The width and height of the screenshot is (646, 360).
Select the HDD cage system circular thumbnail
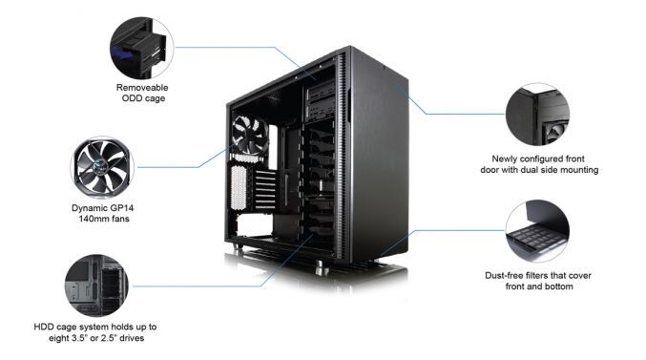point(95,286)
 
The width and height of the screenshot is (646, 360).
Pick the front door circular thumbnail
point(537,114)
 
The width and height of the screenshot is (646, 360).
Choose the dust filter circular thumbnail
point(537,232)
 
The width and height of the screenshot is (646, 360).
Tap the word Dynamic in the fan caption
point(89,206)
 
